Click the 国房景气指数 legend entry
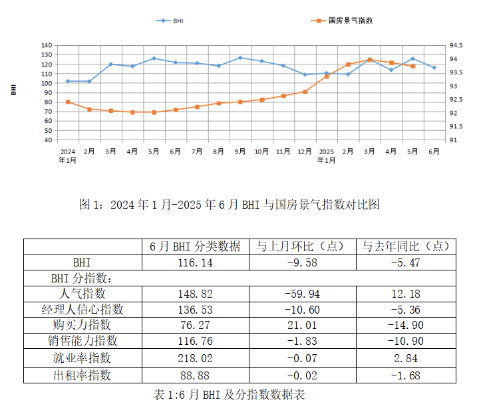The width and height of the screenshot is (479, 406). tap(343, 21)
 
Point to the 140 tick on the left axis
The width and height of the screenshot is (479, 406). tap(46, 46)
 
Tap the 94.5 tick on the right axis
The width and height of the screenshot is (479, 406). tap(456, 46)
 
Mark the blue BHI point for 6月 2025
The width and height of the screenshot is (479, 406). tap(434, 68)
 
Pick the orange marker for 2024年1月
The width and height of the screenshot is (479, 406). tap(68, 102)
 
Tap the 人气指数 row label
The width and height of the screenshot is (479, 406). tap(82, 293)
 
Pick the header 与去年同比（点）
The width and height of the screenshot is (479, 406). tap(406, 247)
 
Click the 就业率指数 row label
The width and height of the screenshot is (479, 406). tap(82, 357)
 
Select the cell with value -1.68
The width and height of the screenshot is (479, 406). tap(406, 375)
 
